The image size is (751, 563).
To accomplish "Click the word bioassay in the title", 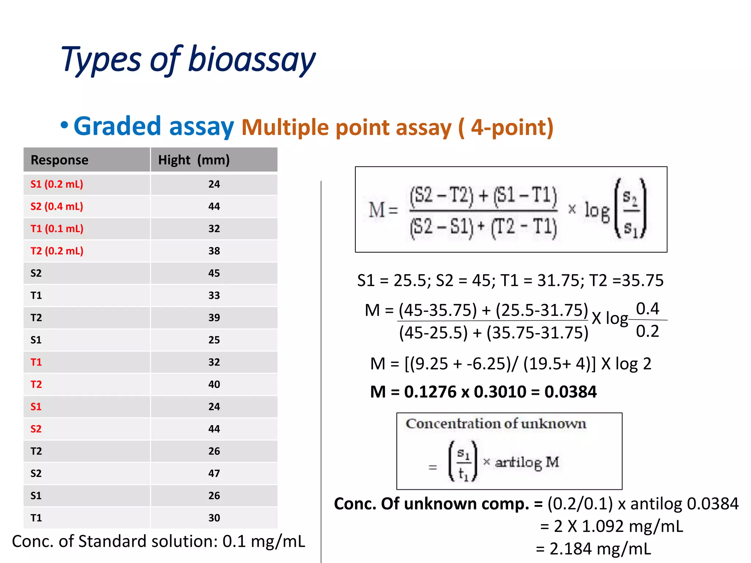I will pyautogui.click(x=252, y=60).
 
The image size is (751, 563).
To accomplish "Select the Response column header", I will pyautogui.click(x=59, y=160).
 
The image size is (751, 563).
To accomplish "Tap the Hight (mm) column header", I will pyautogui.click(x=194, y=160).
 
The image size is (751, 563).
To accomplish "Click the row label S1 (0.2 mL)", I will pyautogui.click(x=57, y=184).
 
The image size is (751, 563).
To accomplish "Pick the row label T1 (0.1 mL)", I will pyautogui.click(x=57, y=229).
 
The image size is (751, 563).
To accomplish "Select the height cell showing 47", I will pyautogui.click(x=214, y=473).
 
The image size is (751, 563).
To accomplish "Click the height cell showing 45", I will pyautogui.click(x=214, y=273).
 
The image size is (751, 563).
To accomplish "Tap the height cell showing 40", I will pyautogui.click(x=214, y=384).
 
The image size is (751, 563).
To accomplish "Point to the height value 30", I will pyautogui.click(x=214, y=518).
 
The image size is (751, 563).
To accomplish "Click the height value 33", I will pyautogui.click(x=214, y=295).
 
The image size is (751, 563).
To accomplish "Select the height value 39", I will pyautogui.click(x=214, y=318).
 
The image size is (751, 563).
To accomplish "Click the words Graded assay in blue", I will pyautogui.click(x=153, y=126).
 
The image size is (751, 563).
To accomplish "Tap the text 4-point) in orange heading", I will pyautogui.click(x=512, y=128).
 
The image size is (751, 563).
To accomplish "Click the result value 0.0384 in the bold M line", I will pyautogui.click(x=571, y=392).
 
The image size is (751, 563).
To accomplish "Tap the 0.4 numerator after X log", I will pyautogui.click(x=647, y=309).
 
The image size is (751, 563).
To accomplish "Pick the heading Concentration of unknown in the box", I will pyautogui.click(x=496, y=424).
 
